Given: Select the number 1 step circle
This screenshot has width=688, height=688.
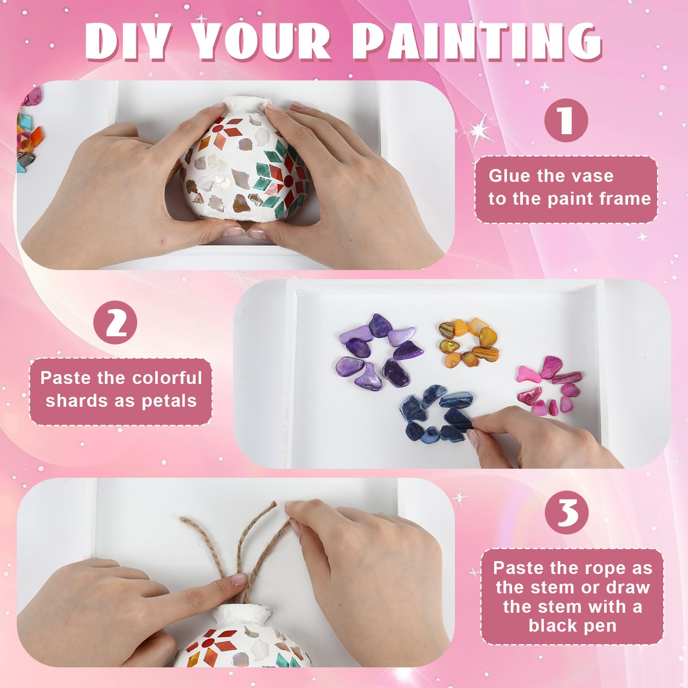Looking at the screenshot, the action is point(566,121).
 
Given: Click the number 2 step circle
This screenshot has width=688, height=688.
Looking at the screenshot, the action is point(116,325).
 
